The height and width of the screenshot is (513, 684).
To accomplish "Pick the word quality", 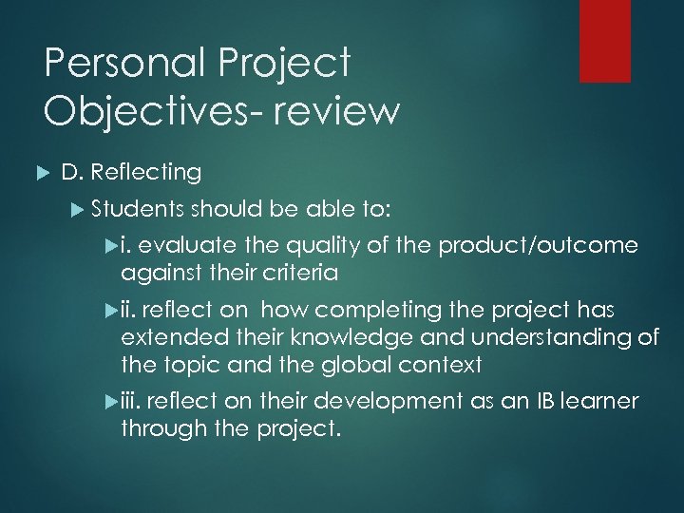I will [318, 246].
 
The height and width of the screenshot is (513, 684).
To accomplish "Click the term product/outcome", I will [538, 246].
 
